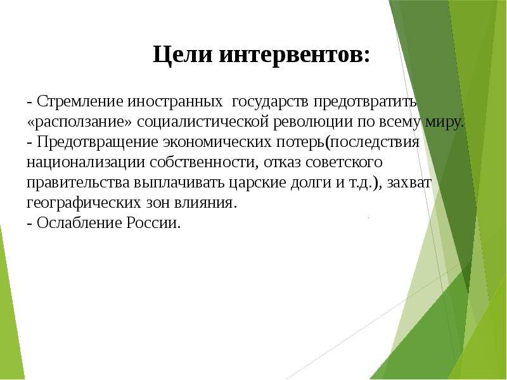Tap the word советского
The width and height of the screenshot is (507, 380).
pos(345,162)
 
